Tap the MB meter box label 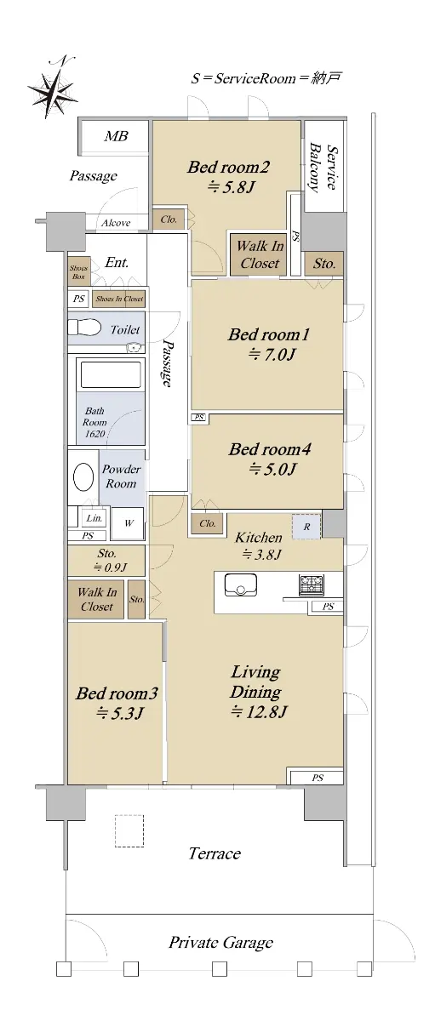(x=116, y=136)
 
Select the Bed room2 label (x=228, y=168)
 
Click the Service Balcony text (x=323, y=168)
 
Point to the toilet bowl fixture (x=84, y=328)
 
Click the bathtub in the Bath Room (x=111, y=374)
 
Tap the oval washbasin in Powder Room (x=83, y=477)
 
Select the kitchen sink (x=240, y=585)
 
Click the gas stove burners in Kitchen (x=312, y=585)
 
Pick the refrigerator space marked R (x=306, y=527)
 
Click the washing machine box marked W (x=129, y=522)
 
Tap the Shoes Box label (x=78, y=272)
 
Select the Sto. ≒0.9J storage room (x=106, y=560)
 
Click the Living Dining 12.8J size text (x=259, y=711)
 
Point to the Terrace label (x=215, y=853)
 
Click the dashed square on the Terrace (x=129, y=831)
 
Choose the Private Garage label (x=221, y=943)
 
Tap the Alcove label (x=116, y=223)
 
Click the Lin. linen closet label (x=94, y=518)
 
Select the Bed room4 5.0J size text (x=272, y=469)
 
